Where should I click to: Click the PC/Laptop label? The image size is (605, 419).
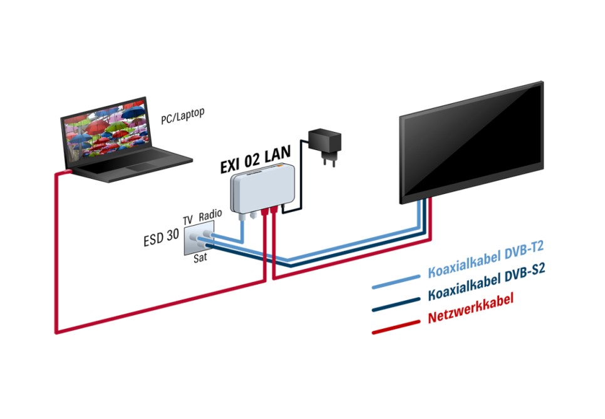(182, 116)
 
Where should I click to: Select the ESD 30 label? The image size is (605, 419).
(162, 237)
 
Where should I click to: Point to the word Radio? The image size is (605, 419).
(210, 215)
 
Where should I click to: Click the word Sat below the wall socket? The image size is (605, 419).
(200, 257)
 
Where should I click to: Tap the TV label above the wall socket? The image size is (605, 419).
(187, 220)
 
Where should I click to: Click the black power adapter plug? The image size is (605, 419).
(325, 145)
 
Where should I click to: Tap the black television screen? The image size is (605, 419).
(472, 141)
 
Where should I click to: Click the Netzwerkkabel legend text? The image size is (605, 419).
(471, 308)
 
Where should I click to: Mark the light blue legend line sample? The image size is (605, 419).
(396, 282)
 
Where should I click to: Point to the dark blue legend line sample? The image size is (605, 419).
(396, 305)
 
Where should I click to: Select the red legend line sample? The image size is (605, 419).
(396, 327)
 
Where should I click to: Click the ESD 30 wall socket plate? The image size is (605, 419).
(199, 240)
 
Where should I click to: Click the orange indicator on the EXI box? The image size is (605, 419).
(279, 166)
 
